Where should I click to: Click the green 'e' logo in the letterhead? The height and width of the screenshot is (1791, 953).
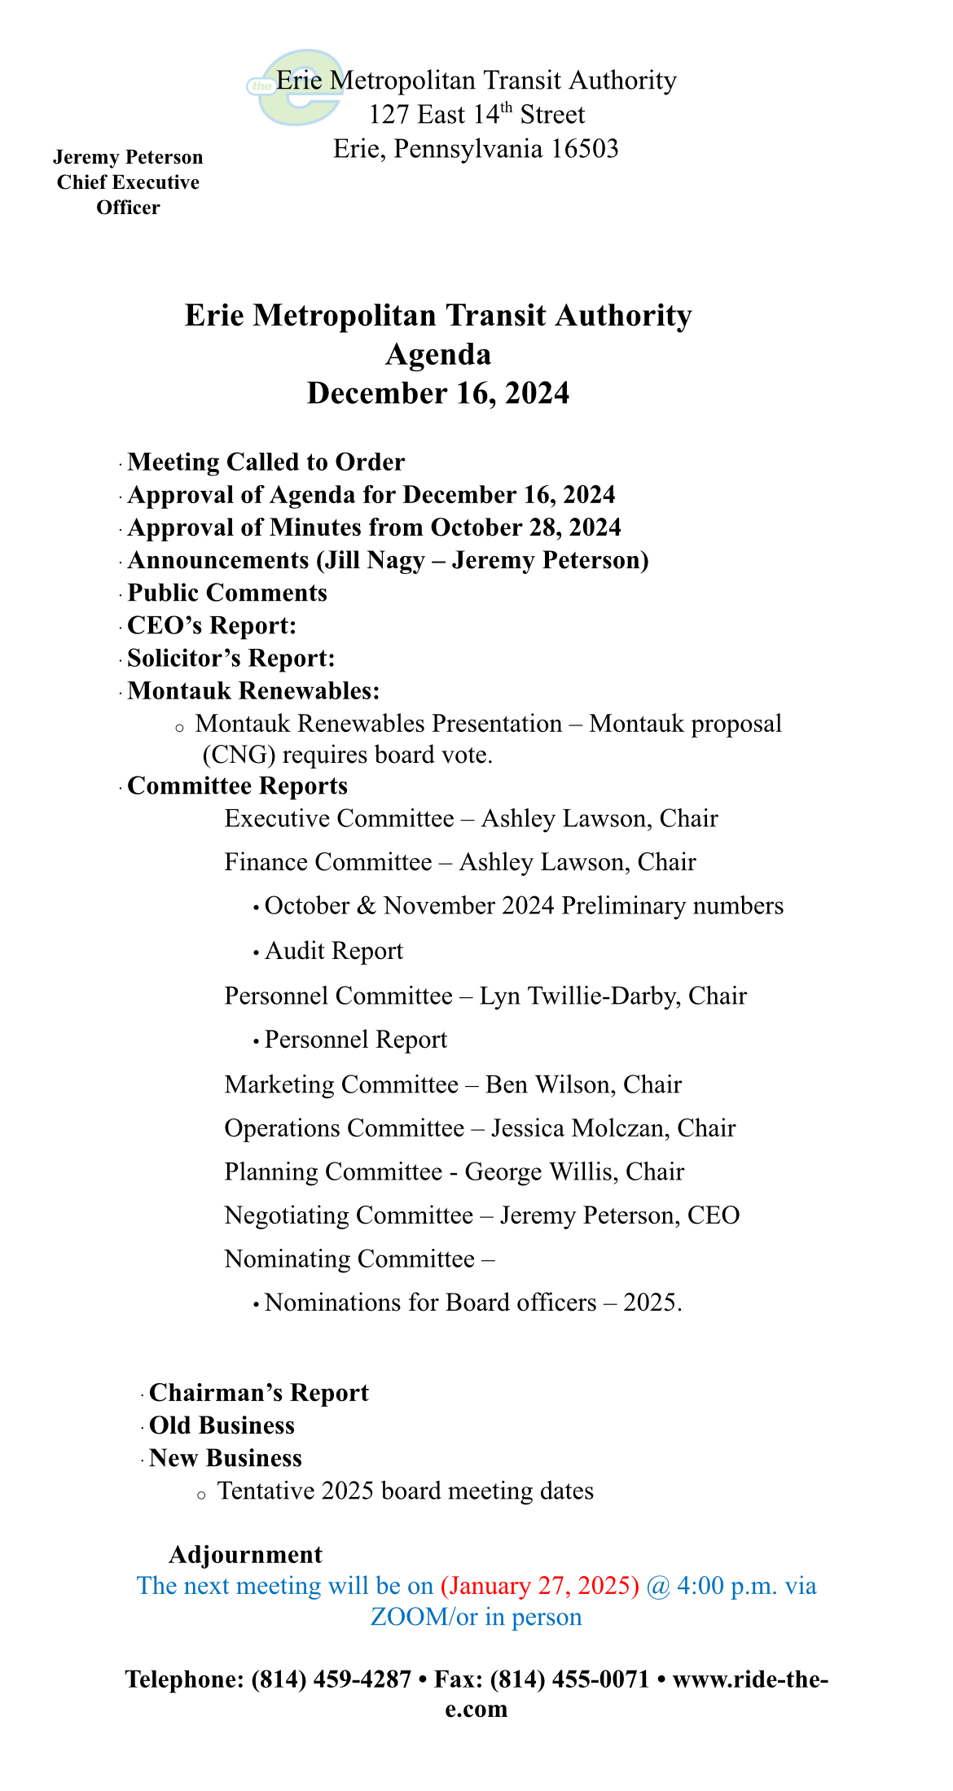(x=295, y=88)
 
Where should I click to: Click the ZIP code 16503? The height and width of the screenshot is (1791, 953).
(x=584, y=148)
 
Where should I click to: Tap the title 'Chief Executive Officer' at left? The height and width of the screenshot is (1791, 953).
(x=128, y=195)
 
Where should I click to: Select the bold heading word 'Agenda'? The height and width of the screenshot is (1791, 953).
(x=438, y=354)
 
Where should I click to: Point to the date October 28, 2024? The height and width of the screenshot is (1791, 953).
(x=525, y=528)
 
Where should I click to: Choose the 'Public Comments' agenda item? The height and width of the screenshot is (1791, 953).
(x=227, y=593)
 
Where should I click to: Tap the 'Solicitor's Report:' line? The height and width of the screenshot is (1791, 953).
(x=231, y=658)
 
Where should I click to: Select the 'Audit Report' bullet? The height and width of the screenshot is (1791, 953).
(x=334, y=951)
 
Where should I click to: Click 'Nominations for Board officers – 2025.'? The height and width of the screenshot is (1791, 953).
(x=473, y=1303)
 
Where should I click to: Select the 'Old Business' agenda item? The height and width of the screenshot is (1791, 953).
(x=222, y=1425)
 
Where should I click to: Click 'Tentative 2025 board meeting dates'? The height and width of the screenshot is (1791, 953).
(x=405, y=1491)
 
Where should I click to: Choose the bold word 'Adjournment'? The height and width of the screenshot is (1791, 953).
(x=245, y=1554)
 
